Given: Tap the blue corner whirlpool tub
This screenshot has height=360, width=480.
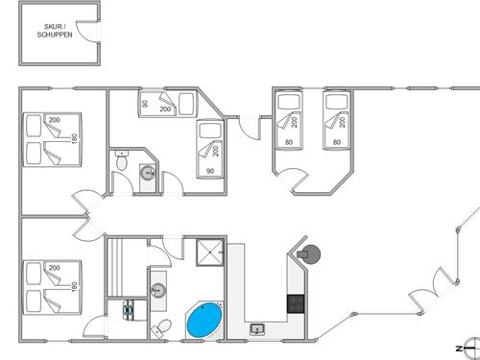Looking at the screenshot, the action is (x=204, y=321).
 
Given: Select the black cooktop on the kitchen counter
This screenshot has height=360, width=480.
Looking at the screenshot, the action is (x=297, y=303).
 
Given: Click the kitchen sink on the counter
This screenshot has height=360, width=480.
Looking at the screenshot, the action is (x=256, y=329).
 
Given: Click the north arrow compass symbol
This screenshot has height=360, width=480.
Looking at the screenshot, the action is (x=465, y=346).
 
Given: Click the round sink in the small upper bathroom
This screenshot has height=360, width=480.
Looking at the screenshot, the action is (x=147, y=173).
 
